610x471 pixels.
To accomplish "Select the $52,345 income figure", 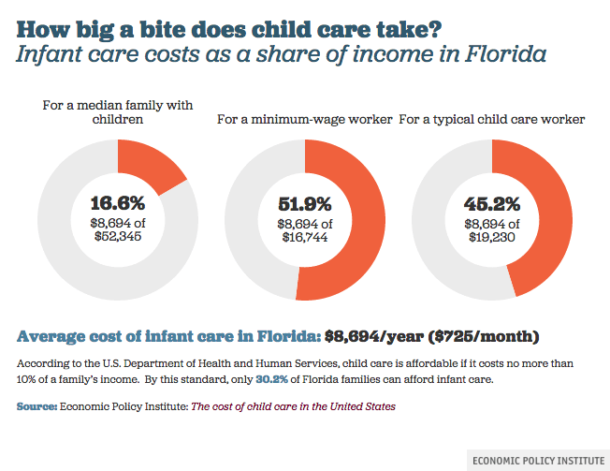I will (118, 238).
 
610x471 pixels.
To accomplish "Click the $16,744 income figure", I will (305, 238).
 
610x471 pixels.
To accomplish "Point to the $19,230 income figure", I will (492, 238).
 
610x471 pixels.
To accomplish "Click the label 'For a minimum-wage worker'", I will (305, 120).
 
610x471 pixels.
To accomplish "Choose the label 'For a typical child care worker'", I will (492, 120).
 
